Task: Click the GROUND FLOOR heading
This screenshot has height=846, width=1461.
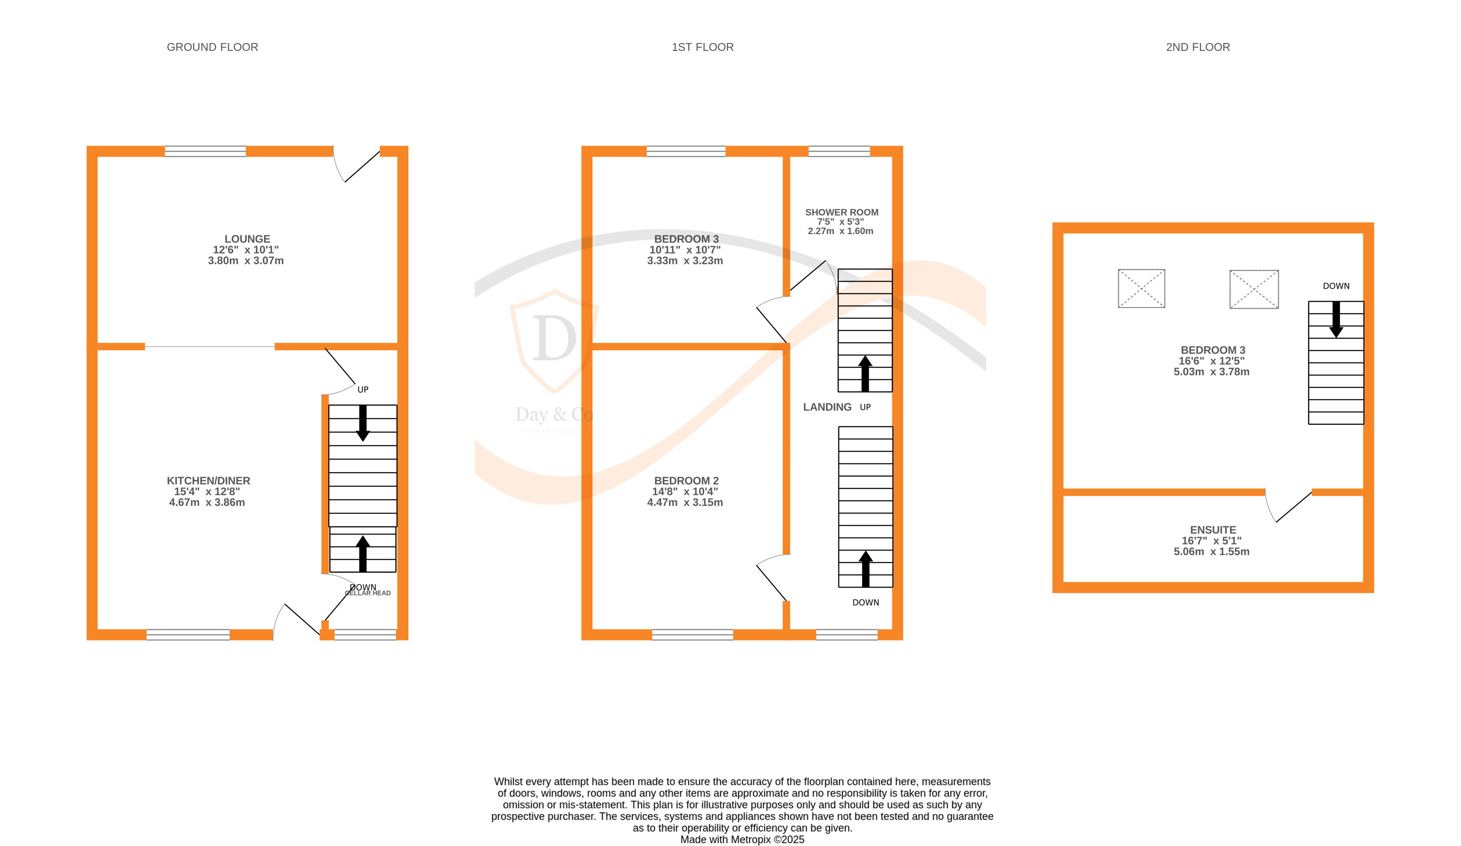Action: click(x=212, y=47)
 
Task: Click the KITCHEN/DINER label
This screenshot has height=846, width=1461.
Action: click(x=208, y=481)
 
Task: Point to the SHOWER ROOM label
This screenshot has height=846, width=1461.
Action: click(x=841, y=212)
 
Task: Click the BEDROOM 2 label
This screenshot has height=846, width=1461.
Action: click(x=686, y=481)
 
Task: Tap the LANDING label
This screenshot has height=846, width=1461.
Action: click(x=827, y=407)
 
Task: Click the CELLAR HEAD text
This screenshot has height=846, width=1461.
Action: click(x=368, y=593)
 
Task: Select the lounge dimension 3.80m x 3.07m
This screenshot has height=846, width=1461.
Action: click(x=246, y=261)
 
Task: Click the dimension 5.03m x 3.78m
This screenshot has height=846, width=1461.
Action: click(x=1211, y=372)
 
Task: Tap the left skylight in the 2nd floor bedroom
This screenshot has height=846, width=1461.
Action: click(x=1141, y=288)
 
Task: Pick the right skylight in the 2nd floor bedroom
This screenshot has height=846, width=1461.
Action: click(x=1254, y=289)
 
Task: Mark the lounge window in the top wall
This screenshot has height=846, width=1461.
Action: click(x=205, y=151)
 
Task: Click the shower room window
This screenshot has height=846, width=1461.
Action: click(x=839, y=151)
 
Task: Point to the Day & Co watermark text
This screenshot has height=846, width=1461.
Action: click(x=554, y=415)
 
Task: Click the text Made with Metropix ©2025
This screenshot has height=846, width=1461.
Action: click(x=742, y=839)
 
